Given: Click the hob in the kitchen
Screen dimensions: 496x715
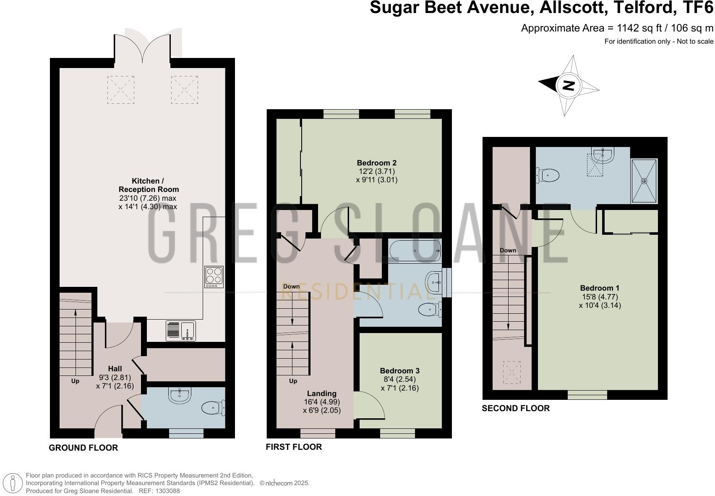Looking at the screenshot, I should pyautogui.click(x=214, y=277).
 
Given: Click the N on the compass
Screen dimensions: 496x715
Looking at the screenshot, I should pyautogui.click(x=568, y=86).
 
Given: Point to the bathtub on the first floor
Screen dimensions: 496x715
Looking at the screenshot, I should pyautogui.click(x=415, y=251).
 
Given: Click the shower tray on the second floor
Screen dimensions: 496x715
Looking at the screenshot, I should pyautogui.click(x=644, y=181).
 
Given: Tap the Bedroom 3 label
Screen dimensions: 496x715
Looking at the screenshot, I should pyautogui.click(x=399, y=371).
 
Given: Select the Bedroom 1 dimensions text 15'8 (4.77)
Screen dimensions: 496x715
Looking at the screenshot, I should pyautogui.click(x=600, y=297).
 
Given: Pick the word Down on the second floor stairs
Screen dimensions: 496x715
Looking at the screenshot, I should pyautogui.click(x=508, y=250).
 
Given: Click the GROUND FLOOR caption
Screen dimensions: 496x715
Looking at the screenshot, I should pyautogui.click(x=84, y=448).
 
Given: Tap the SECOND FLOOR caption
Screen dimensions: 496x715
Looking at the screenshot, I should pyautogui.click(x=515, y=408).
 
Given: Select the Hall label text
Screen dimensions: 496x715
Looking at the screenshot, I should pyautogui.click(x=115, y=369).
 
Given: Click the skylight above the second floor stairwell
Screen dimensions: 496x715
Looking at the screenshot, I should pyautogui.click(x=512, y=373).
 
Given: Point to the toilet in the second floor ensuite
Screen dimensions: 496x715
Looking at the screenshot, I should pyautogui.click(x=548, y=175).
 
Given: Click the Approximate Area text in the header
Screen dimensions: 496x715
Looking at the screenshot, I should pyautogui.click(x=617, y=28).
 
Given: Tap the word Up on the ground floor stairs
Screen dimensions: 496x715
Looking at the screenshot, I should pyautogui.click(x=75, y=381).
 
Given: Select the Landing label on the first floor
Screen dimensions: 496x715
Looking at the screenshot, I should pyautogui.click(x=321, y=394).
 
